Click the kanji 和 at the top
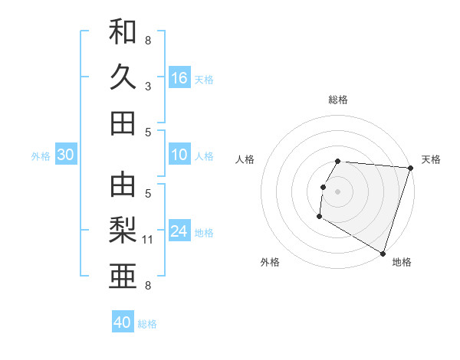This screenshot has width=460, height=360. [123, 32]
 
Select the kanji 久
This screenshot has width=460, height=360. [123, 77]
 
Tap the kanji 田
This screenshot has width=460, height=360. [123, 123]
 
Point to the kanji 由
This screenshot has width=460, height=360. [123, 184]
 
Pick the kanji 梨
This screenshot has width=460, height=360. [123, 229]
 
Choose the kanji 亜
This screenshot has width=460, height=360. [123, 274]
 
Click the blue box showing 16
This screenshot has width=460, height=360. [179, 78]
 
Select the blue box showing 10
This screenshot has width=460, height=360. [179, 155]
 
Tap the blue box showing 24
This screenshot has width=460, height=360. [179, 231]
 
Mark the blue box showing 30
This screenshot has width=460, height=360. [65, 155]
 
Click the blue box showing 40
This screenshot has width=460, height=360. [123, 322]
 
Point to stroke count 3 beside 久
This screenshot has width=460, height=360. [148, 87]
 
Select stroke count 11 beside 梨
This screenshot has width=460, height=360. [149, 240]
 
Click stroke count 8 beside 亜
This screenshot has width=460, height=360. [148, 286]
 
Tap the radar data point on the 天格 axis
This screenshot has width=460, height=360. [410, 169]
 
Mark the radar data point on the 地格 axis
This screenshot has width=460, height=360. [382, 253]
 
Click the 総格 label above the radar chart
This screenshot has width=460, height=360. [338, 100]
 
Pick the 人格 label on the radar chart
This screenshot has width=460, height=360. [245, 159]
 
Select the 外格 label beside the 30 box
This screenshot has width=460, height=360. [41, 156]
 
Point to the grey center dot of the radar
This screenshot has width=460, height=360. [337, 191]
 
